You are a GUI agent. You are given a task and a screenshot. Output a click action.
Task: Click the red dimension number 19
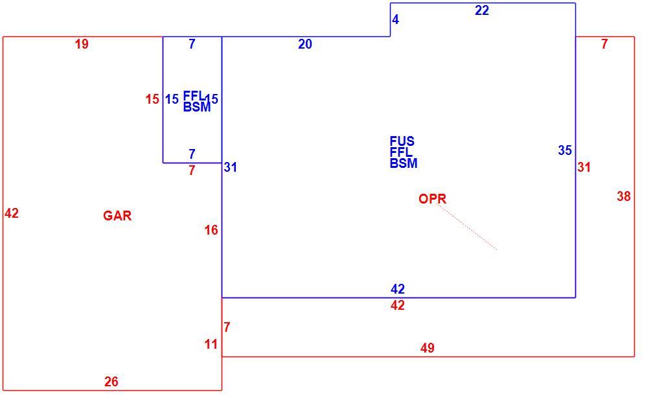coord(82,44)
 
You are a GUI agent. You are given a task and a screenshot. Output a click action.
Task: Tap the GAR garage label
coord(117,216)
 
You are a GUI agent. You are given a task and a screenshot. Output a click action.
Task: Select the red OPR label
coord(432,199)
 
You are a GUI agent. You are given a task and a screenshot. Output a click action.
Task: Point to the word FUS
coord(402,141)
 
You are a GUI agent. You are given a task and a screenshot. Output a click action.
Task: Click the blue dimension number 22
coord(482,10)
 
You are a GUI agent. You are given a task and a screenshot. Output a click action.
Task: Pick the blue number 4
coord(396,19)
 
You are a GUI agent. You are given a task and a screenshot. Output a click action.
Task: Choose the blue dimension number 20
coord(305,44)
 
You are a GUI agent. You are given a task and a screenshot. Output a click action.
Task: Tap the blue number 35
coord(565,150)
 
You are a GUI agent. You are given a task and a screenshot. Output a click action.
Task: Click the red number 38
coord(624,196)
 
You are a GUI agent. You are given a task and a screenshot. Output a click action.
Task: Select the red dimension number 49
coord(428,348)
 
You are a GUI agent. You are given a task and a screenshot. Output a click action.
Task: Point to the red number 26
coord(111,382)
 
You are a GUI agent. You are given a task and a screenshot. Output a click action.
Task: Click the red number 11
coord(211,344)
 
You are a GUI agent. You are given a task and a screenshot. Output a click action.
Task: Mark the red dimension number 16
coord(211,230)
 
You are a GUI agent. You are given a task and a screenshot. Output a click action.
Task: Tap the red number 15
coord(152,99)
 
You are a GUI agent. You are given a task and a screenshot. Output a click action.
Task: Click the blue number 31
coord(231,167)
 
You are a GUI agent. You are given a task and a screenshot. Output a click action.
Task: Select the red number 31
coord(584,167)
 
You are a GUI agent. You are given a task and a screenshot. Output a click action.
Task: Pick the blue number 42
coord(398,289)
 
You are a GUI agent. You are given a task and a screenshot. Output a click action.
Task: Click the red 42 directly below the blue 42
coord(398,305)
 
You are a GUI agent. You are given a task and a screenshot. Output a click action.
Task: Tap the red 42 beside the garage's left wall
coord(12,213)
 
